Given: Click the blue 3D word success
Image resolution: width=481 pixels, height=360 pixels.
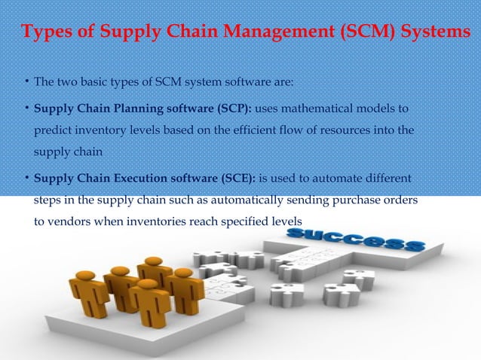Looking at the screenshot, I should click(x=354, y=242).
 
